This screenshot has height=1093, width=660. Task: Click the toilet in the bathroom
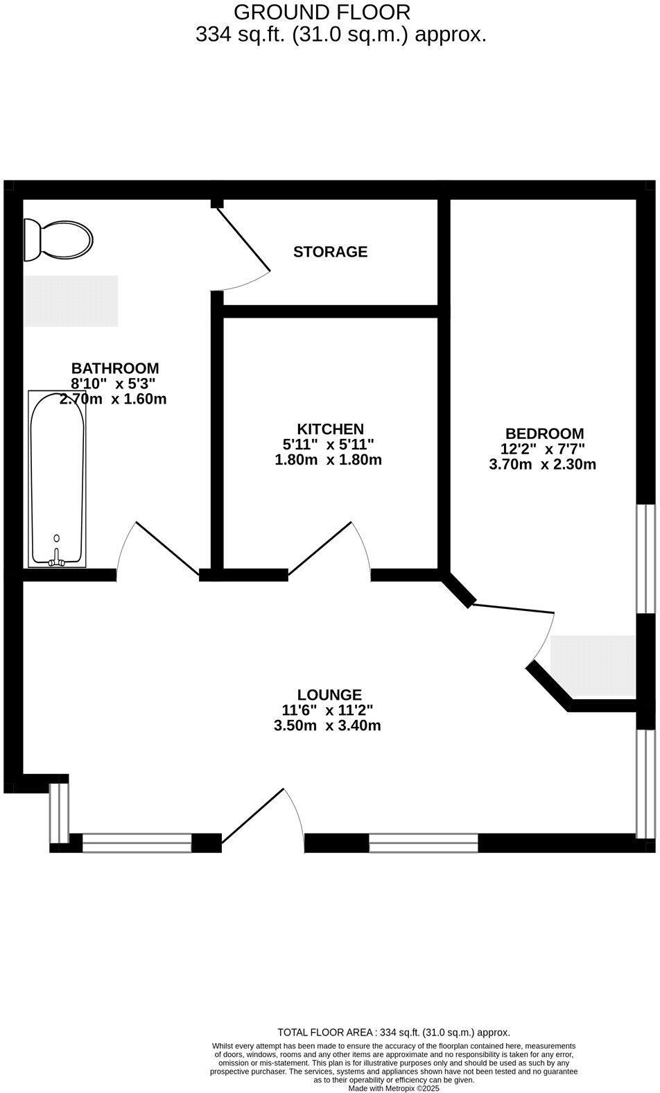tap(58, 240)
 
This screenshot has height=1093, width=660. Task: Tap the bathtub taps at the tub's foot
tap(57, 560)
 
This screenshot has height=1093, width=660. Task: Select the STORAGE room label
tap(330, 252)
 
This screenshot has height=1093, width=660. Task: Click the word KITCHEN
tap(330, 429)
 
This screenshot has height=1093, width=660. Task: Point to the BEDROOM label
tap(544, 434)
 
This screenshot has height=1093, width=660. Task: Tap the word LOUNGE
tap(329, 695)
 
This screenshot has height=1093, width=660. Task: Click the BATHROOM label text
tap(115, 368)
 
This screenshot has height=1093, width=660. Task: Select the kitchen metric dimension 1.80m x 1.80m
tap(329, 460)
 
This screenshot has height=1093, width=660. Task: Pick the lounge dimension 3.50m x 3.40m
tap(328, 726)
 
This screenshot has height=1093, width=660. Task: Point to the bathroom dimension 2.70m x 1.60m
tap(113, 399)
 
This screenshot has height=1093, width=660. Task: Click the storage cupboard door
tap(241, 239)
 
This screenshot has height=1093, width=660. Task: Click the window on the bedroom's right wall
tap(645, 558)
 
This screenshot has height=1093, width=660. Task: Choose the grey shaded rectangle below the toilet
tap(71, 301)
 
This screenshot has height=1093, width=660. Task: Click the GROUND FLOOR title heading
tap(322, 12)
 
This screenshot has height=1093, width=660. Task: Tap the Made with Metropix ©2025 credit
tap(394, 1089)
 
